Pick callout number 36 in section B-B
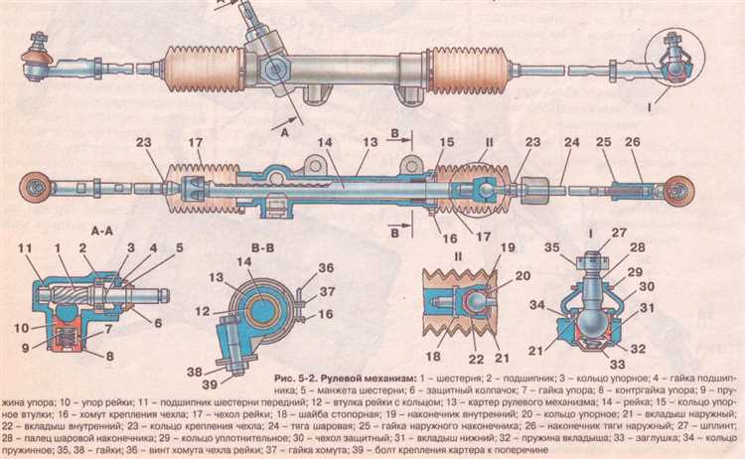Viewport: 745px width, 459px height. (x=326, y=266)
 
